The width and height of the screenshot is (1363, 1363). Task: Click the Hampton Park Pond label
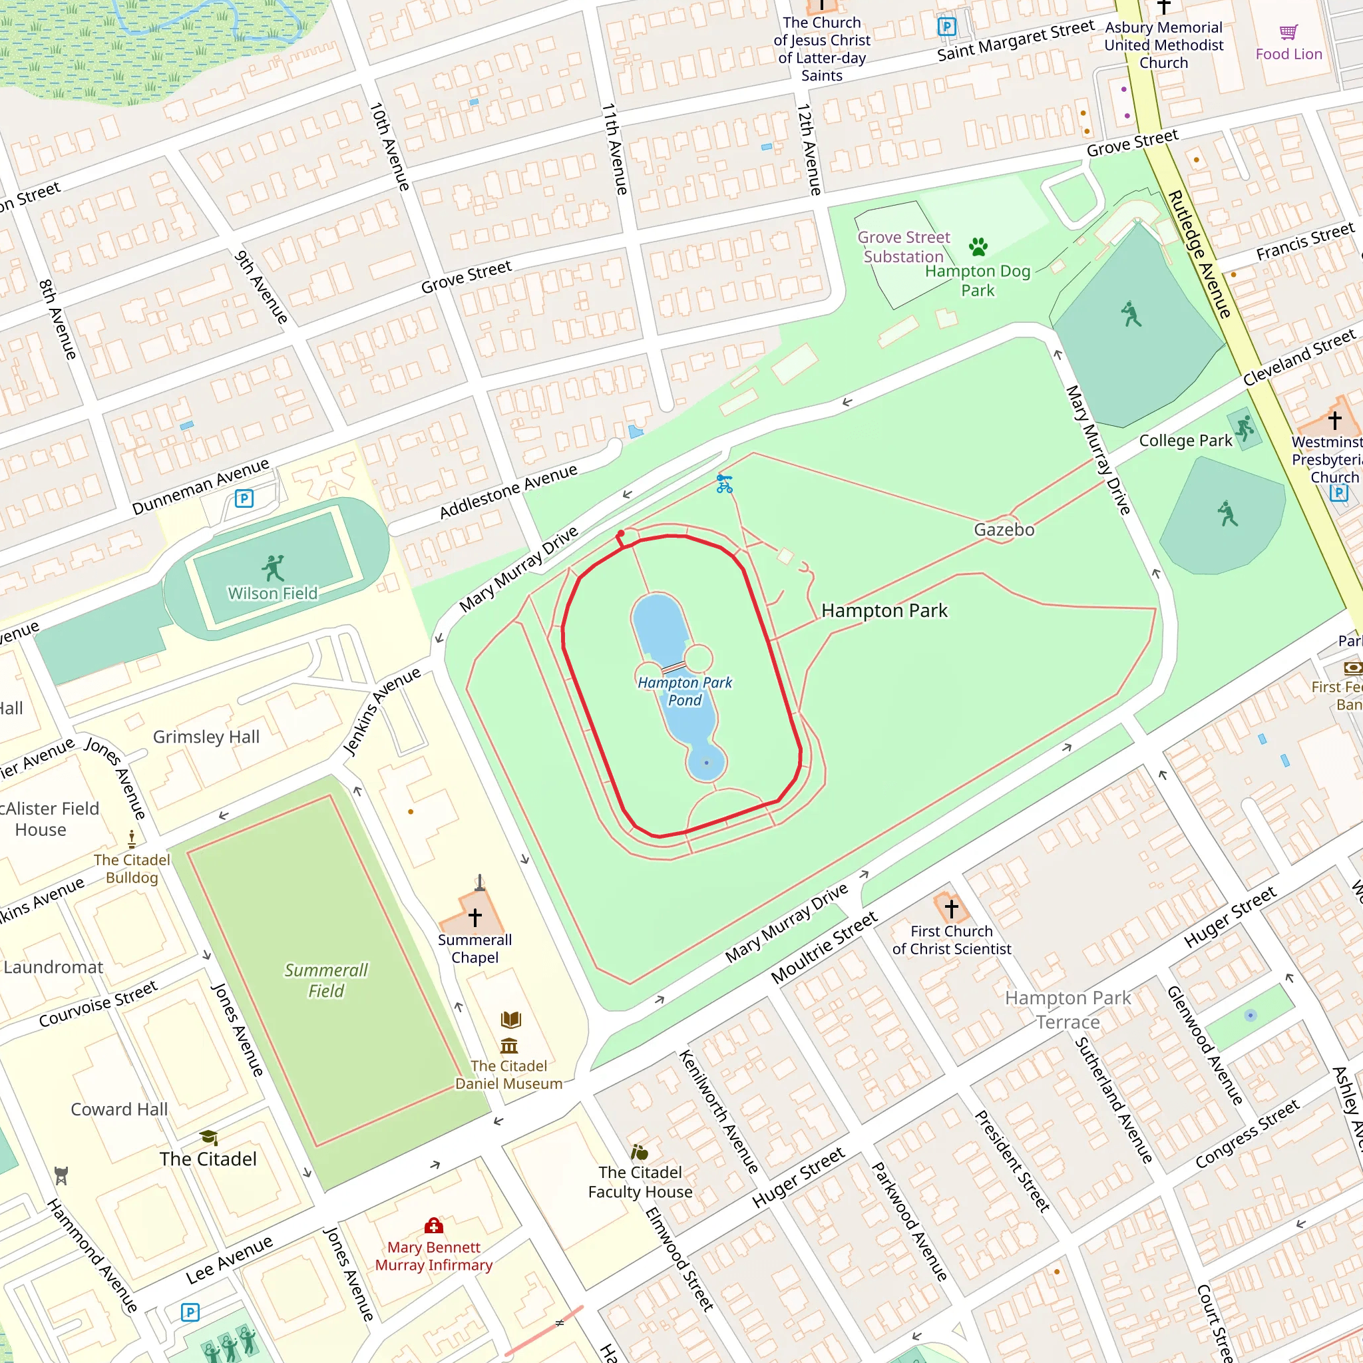684,691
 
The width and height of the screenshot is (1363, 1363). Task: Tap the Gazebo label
1004,530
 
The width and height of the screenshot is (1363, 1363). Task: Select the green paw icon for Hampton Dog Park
978,247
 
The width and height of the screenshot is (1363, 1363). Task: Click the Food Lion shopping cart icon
1288,33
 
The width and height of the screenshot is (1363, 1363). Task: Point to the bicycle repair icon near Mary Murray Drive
724,483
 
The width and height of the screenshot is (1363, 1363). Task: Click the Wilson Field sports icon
272,567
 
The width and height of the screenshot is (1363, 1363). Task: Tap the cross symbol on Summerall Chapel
475,916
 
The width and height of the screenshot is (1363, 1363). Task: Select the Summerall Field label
326,980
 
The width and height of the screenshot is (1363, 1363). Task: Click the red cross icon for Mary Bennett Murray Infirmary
433,1225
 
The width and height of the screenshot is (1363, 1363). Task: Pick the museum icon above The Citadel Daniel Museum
508,1046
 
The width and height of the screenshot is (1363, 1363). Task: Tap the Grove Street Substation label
903,247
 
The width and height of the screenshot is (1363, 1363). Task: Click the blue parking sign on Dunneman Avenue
244,498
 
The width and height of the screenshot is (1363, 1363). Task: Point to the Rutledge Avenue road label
1199,254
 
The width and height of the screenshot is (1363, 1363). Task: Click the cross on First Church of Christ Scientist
951,908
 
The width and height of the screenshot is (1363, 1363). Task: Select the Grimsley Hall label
206,737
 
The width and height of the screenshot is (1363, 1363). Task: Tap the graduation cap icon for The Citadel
208,1137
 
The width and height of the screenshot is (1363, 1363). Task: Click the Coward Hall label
119,1109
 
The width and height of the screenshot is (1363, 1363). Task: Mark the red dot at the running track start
620,533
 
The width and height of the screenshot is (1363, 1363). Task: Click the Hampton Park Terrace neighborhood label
1068,1010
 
